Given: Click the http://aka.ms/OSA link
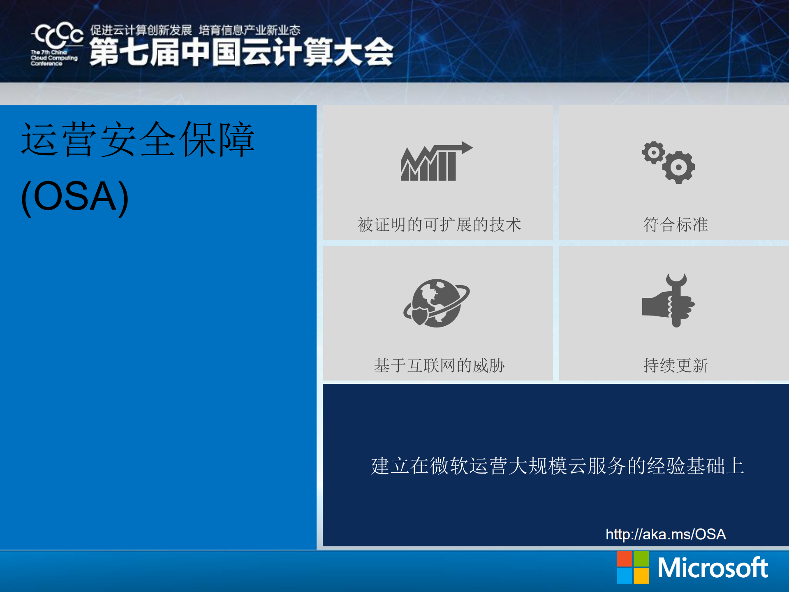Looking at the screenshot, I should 665,534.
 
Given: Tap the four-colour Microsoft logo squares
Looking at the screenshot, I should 632,567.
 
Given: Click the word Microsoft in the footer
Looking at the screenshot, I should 712,568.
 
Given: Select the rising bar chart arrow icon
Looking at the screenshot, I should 436,162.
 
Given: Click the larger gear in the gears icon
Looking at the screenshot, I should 678,167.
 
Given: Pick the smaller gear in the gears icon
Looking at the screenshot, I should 653,153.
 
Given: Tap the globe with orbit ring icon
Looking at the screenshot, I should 437,303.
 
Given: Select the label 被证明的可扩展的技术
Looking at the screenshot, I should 439,225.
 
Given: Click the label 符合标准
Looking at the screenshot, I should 675,225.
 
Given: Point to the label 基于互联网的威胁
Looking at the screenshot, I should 439,365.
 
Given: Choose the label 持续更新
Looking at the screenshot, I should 675,365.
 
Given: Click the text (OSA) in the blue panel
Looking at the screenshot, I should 75,197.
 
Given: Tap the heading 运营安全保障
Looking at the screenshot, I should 138,140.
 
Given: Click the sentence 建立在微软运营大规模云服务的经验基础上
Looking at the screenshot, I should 557,466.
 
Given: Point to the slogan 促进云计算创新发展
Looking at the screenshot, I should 141,30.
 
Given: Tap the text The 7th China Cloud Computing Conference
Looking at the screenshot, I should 53,58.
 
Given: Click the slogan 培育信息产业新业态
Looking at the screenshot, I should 249,30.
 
